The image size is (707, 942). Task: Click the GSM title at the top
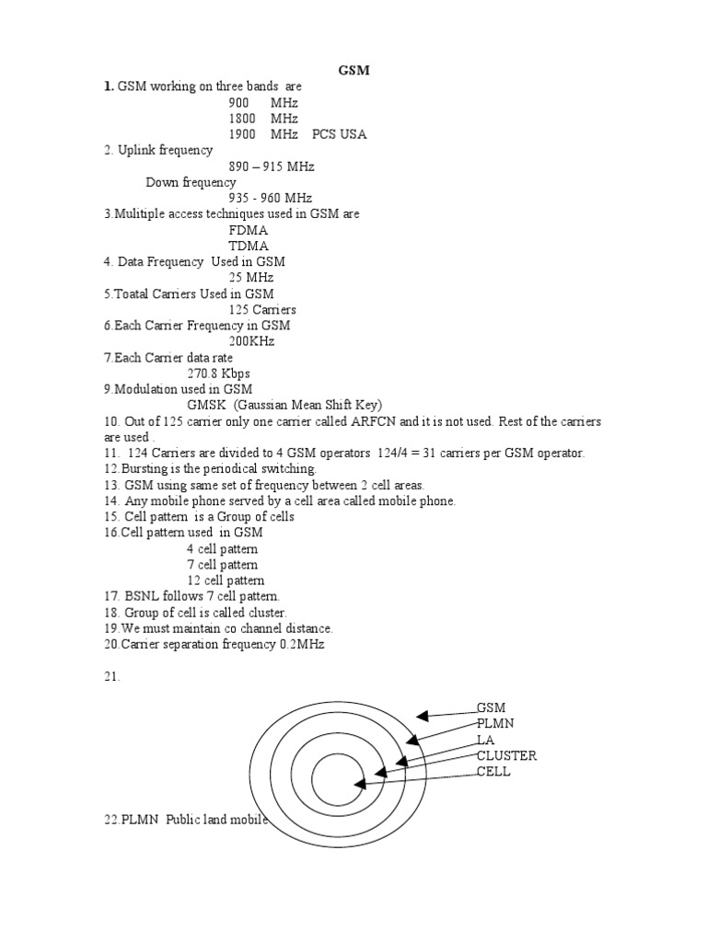[x=354, y=71]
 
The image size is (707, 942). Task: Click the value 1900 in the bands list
[x=244, y=134]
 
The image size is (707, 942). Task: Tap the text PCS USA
[x=339, y=134]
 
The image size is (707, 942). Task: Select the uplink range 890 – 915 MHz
[x=272, y=167]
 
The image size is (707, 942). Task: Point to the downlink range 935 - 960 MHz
[x=271, y=198]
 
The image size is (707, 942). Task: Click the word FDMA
[x=249, y=230]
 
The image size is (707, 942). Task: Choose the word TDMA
[x=249, y=246]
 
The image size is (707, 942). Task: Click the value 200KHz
[x=251, y=341]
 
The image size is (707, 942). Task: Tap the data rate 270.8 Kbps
[x=218, y=373]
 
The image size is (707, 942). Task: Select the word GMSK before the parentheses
[x=206, y=406]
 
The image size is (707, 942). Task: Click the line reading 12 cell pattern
[x=226, y=580]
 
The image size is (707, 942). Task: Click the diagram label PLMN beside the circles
[x=494, y=724]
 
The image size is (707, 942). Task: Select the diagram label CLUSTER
[x=506, y=755]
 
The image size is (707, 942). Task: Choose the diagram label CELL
[x=493, y=771]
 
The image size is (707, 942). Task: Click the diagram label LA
[x=485, y=740]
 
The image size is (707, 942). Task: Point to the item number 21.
[x=112, y=676]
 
